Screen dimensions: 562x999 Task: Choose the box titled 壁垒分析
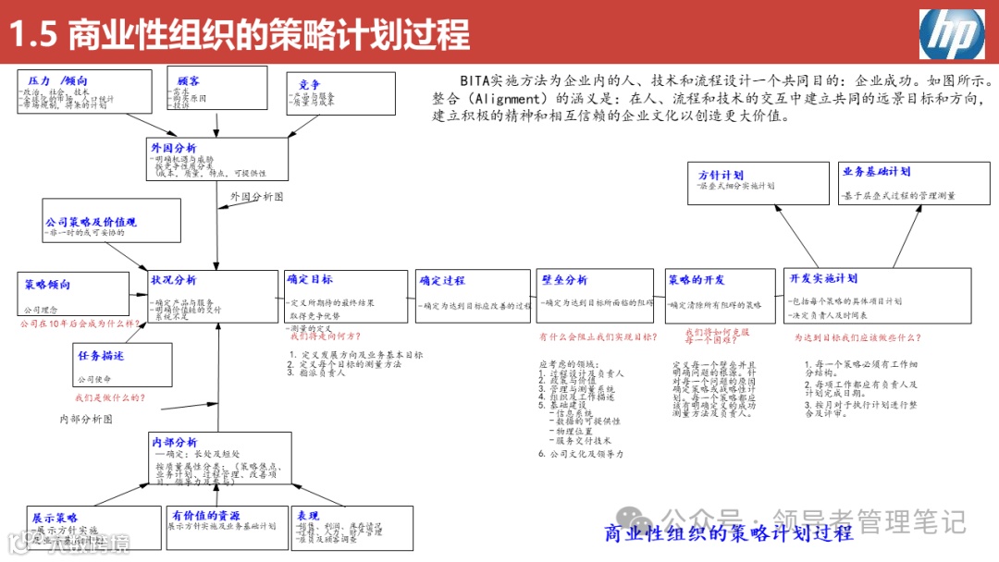(x=595, y=296)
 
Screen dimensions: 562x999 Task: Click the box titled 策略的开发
(x=720, y=296)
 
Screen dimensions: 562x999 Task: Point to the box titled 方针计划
(x=759, y=182)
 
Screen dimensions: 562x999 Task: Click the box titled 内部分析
(x=218, y=460)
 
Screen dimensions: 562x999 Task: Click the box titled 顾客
(x=217, y=89)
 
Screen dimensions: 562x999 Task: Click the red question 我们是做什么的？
(x=110, y=397)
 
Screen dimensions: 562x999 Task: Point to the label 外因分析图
(x=257, y=197)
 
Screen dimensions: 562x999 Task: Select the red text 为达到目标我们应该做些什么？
(x=857, y=338)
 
